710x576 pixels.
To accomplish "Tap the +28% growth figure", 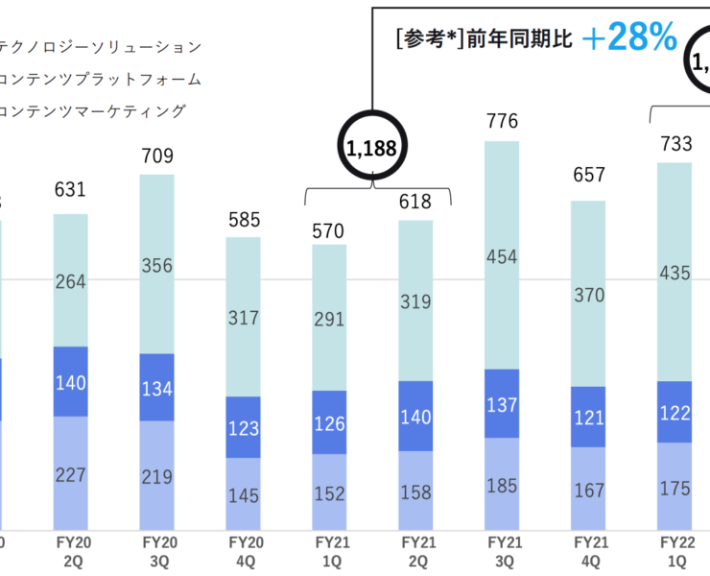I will [628, 37].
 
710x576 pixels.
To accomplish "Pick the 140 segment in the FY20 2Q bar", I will [70, 383].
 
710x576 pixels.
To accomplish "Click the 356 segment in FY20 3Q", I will [156, 266].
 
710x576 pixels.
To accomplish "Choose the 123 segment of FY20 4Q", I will [243, 427].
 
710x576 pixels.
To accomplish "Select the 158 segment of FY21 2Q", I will [415, 492].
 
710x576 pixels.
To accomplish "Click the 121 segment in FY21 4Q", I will [588, 417].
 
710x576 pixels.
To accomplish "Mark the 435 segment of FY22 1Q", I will [674, 273].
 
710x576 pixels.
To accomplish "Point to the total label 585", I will [243, 218].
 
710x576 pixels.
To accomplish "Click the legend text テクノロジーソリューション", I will [102, 46].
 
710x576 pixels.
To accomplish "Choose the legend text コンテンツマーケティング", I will [92, 111].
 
